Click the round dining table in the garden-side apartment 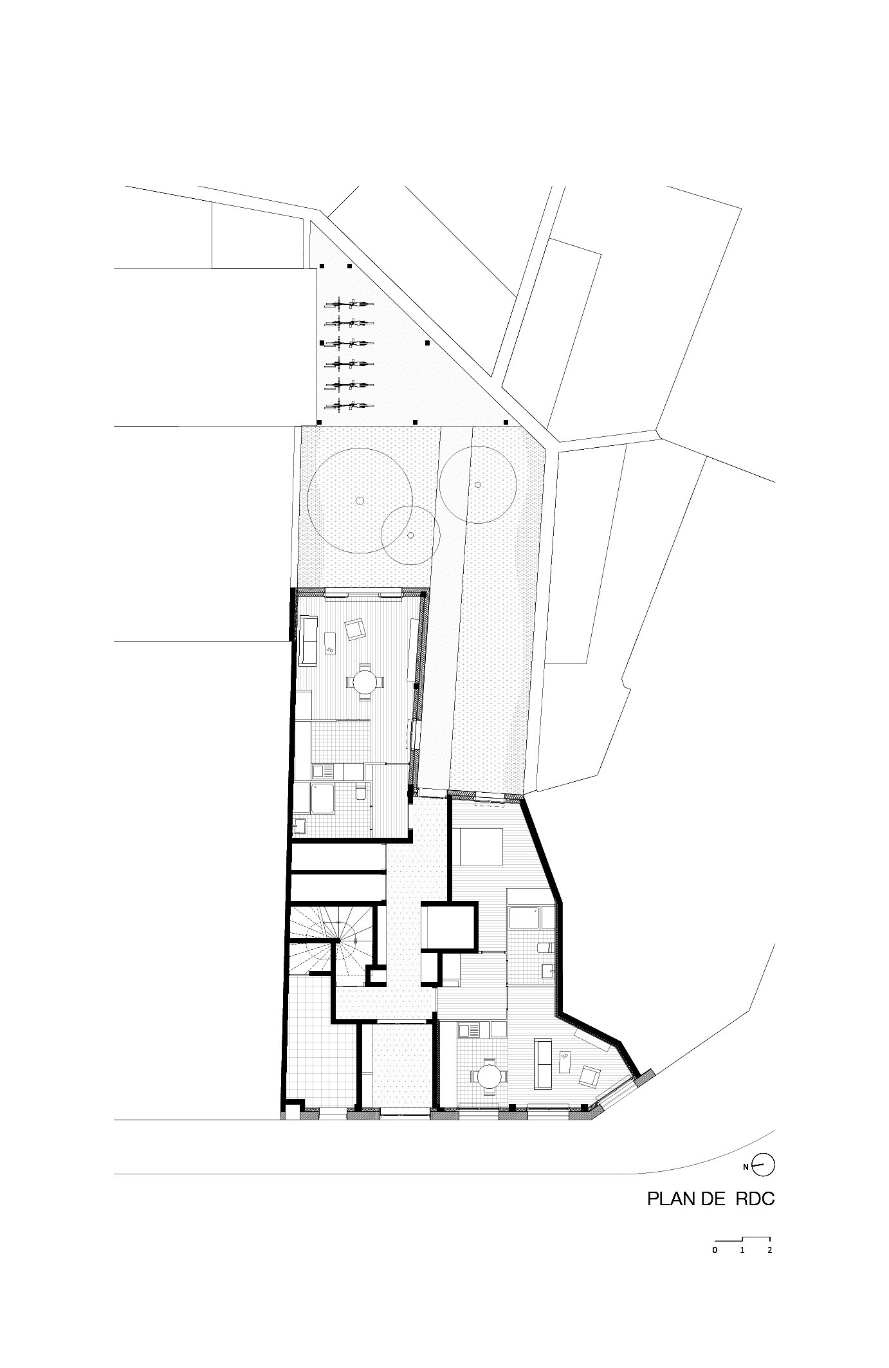click(x=365, y=681)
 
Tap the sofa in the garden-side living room click(x=309, y=640)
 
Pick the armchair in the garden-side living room click(x=354, y=629)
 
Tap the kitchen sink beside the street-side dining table click(x=470, y=1031)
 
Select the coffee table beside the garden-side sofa click(x=331, y=642)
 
